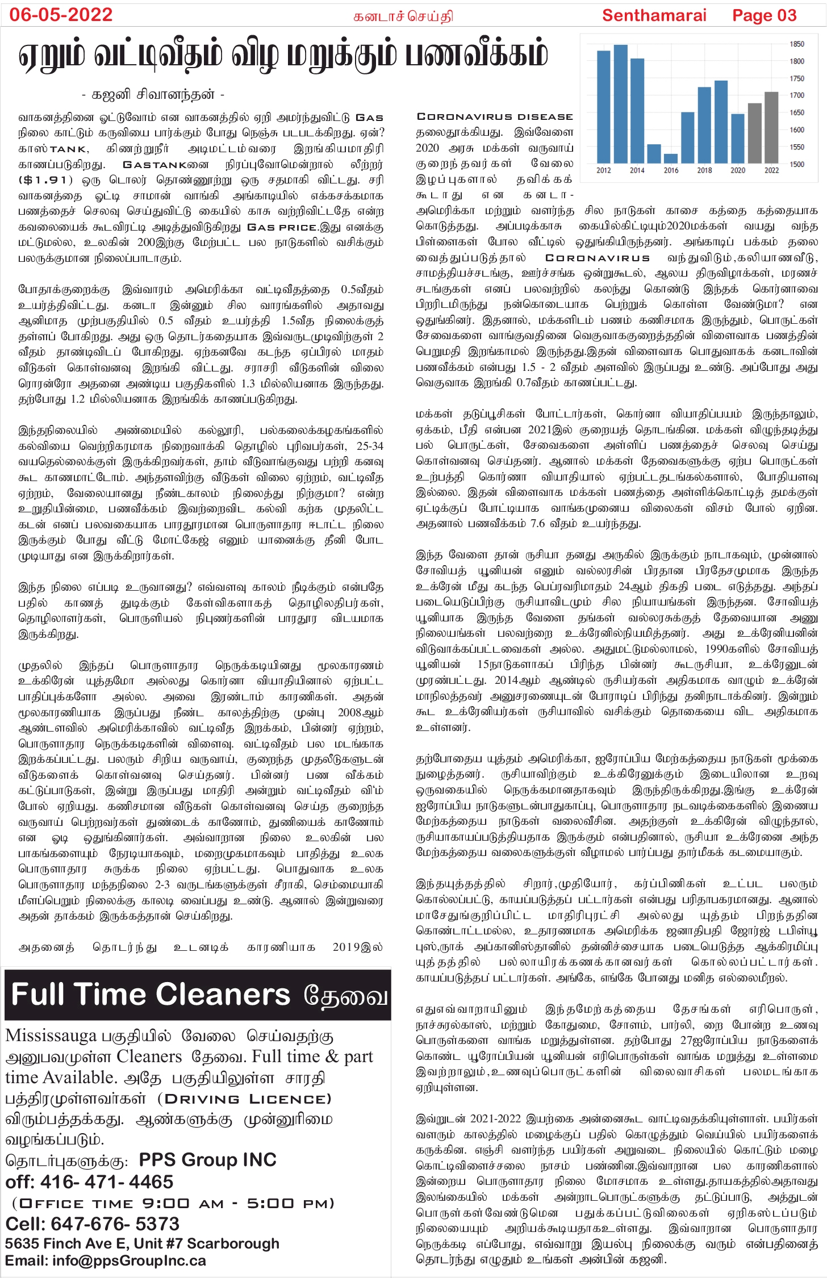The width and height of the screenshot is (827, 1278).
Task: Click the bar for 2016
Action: [671, 158]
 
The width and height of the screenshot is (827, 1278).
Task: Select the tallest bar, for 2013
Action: [620, 105]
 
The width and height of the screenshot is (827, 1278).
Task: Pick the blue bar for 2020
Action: [738, 139]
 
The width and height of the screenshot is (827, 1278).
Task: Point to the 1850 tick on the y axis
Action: [796, 44]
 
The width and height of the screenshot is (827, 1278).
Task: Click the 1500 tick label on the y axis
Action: [796, 164]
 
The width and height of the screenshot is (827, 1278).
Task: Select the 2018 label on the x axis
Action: [704, 170]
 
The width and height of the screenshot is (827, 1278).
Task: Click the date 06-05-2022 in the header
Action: [61, 15]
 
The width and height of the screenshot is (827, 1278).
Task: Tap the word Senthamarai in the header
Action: [654, 15]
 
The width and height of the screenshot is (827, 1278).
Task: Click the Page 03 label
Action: [764, 15]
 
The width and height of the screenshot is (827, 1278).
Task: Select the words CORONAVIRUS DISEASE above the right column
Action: [495, 116]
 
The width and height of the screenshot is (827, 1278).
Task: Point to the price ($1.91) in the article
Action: [46, 180]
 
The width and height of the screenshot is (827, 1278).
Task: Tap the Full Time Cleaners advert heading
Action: [151, 995]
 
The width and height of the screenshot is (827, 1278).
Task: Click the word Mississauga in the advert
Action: [51, 1036]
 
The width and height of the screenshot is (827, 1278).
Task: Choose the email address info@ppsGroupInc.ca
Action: [129, 1261]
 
